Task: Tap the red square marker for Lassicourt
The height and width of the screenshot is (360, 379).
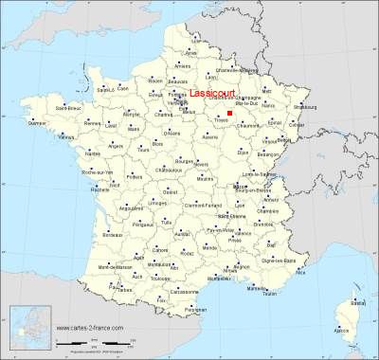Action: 229,112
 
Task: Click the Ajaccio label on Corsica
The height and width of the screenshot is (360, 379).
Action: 344,330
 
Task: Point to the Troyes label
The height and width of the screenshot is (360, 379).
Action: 221,122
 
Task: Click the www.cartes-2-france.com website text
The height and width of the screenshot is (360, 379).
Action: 89,329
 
